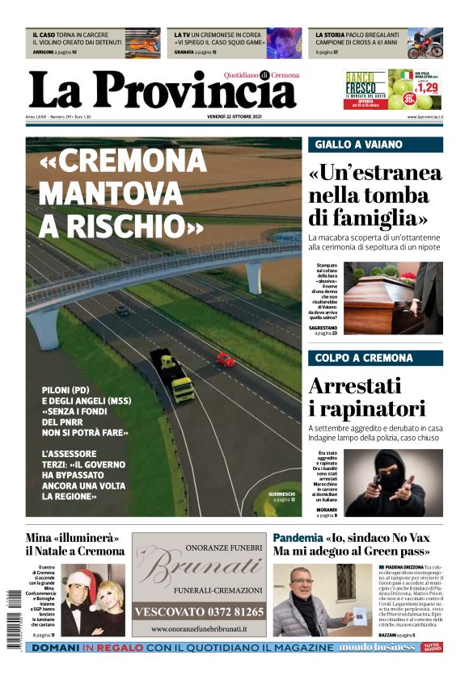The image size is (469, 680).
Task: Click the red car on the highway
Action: coord(225,359)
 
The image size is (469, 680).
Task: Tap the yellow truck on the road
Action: coord(173,376)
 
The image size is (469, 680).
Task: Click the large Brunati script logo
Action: coord(199,569)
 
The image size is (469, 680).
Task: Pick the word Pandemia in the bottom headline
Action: coord(298,537)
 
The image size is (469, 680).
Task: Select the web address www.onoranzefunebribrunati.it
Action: coord(198,629)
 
